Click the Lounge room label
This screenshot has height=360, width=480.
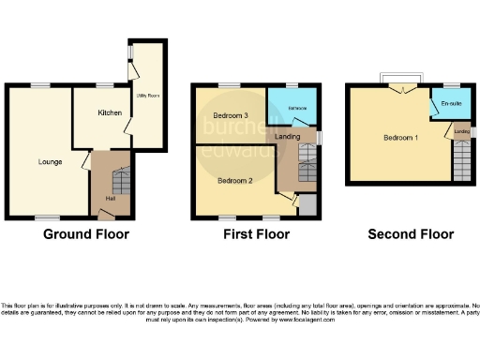point(51,161)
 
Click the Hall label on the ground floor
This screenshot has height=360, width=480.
point(111,199)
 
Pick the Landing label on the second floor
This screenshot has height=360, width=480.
point(461,131)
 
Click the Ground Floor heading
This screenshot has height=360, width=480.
point(86,234)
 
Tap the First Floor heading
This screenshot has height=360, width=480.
point(252,234)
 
